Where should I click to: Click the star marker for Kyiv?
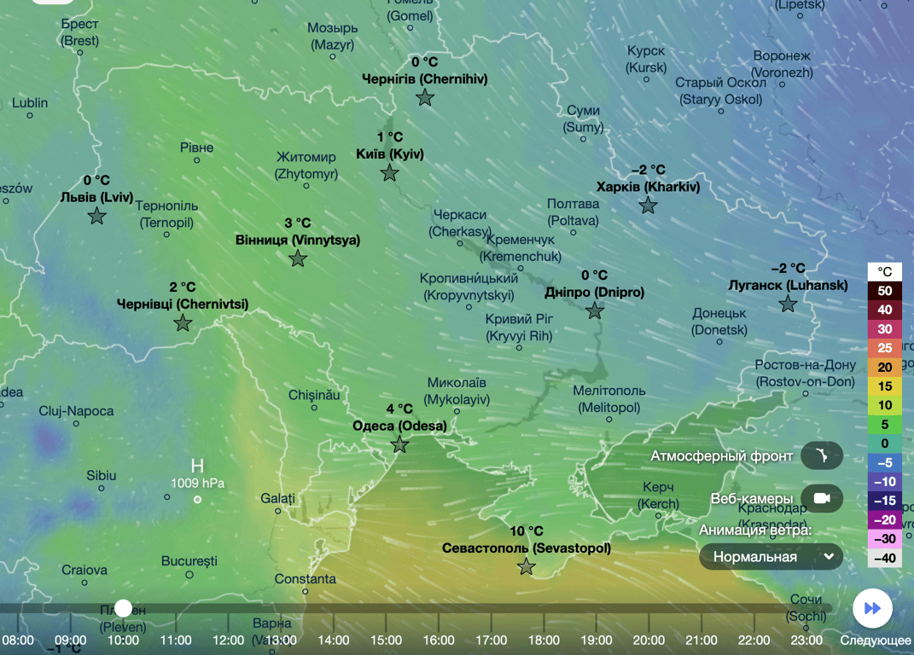(x=389, y=173)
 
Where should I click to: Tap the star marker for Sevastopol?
(x=527, y=566)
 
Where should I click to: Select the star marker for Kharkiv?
(x=649, y=205)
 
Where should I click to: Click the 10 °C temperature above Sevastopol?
(x=527, y=531)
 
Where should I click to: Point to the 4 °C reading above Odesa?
(x=399, y=409)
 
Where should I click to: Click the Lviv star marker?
(x=97, y=216)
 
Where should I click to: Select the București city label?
(x=189, y=561)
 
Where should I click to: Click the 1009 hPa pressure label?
(x=196, y=484)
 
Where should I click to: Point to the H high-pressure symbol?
(x=197, y=466)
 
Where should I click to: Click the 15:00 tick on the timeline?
(x=386, y=640)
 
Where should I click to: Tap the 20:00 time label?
(x=649, y=640)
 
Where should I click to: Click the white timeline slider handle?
(x=124, y=608)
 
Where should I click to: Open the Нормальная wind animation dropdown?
(x=771, y=557)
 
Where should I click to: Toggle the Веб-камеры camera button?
(x=822, y=499)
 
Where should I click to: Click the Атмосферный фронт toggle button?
(x=822, y=455)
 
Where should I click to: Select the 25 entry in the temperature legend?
(x=884, y=348)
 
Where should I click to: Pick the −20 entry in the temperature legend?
(x=884, y=519)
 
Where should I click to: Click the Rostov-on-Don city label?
(x=805, y=374)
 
